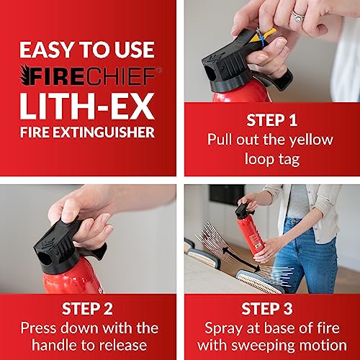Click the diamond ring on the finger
click(x=298, y=16)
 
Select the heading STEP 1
click(x=272, y=120)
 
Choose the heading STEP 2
click(x=87, y=309)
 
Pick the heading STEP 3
click(x=267, y=309)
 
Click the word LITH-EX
click(x=87, y=106)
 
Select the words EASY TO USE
click(x=87, y=50)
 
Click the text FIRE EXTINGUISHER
click(x=87, y=132)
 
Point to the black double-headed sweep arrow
click(x=240, y=259)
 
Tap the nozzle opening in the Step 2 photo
click(x=45, y=258)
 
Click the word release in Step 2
click(x=123, y=345)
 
